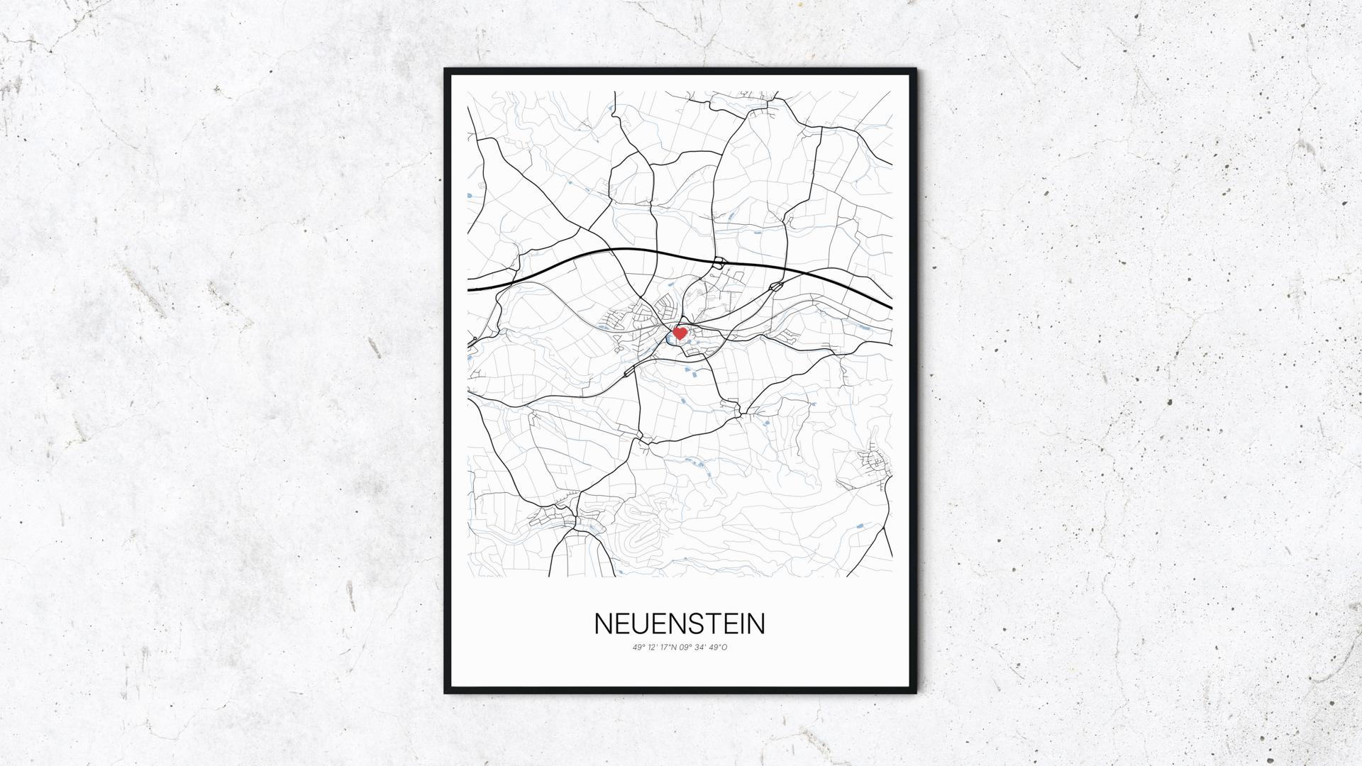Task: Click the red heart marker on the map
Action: click(680, 333)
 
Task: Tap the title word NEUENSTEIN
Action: click(680, 623)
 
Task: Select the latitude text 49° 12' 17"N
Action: click(656, 647)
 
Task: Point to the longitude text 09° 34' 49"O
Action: click(704, 647)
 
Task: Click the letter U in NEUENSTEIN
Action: click(638, 623)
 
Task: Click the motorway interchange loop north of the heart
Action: click(719, 263)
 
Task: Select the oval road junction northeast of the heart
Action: click(776, 287)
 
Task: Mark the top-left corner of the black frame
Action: click(446, 70)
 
